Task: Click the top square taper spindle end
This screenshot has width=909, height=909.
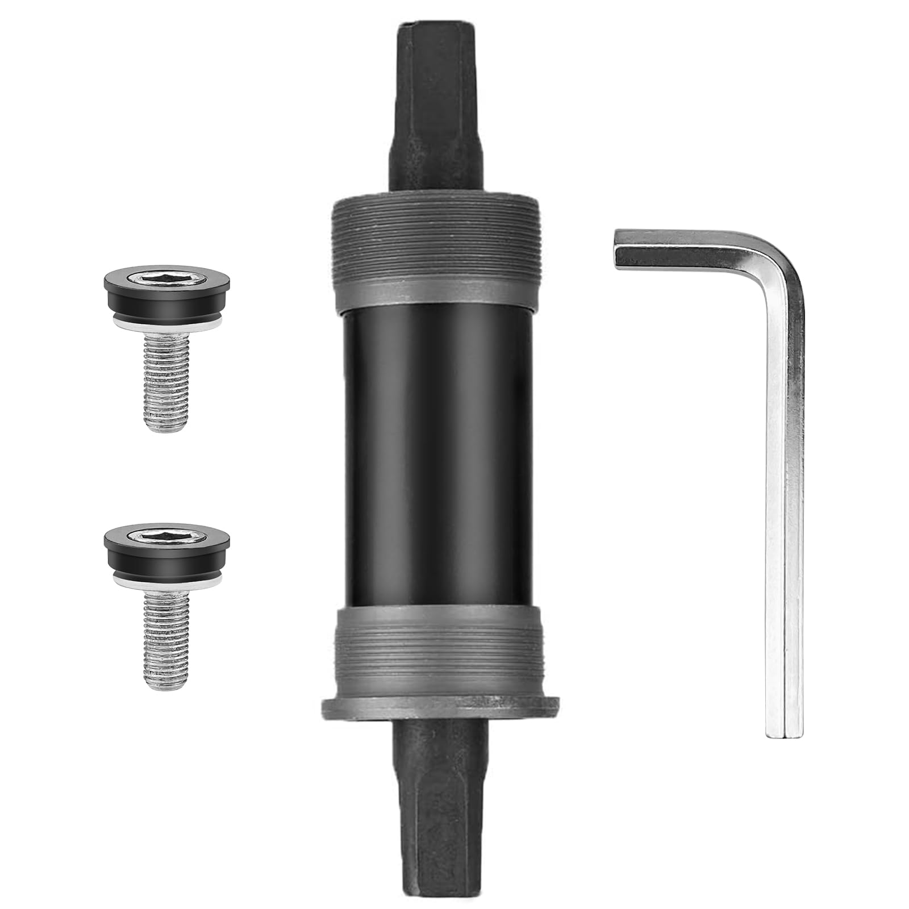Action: click(x=435, y=114)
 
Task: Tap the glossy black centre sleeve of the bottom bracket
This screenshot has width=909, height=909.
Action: click(x=435, y=454)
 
